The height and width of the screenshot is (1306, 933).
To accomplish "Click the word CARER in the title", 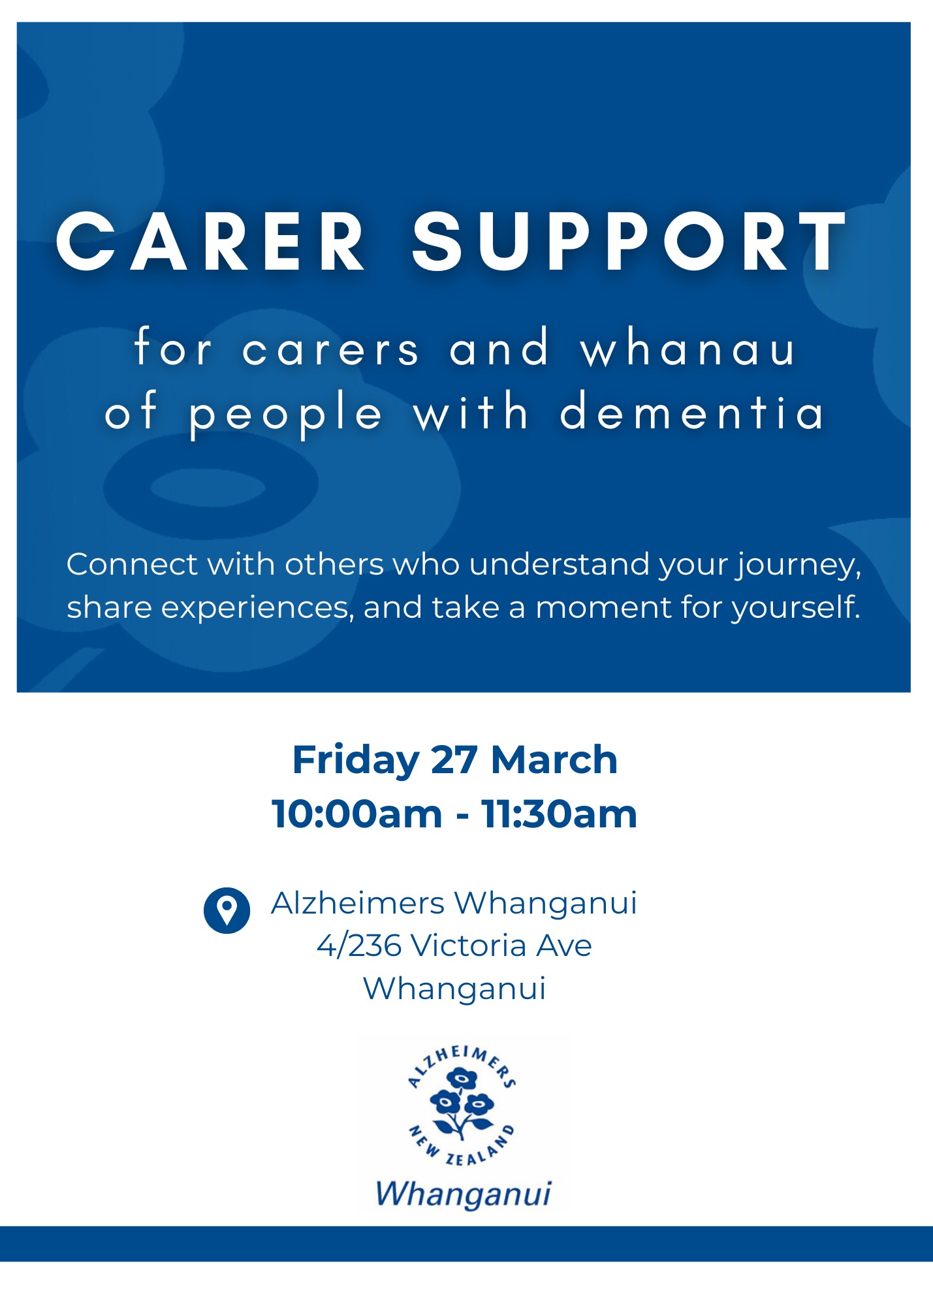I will [210, 242].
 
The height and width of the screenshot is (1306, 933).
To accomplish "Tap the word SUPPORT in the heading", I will [628, 242].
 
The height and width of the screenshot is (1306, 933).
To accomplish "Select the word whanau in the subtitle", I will [688, 349].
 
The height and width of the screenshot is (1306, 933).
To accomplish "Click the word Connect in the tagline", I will [131, 564].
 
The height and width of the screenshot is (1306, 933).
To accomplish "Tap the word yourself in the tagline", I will [795, 608].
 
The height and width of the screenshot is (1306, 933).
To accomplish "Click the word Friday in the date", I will [355, 760].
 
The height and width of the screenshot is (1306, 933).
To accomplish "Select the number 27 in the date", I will [454, 760].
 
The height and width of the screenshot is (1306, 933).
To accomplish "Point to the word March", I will [554, 760].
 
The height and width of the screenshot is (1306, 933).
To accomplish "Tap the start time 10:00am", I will [357, 814].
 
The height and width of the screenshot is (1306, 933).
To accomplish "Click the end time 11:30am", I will [559, 814].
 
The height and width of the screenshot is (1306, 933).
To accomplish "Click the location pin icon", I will [227, 910].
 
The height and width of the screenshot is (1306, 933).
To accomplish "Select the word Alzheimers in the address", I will [358, 904].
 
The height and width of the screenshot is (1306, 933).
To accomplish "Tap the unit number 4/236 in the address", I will [358, 946].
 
